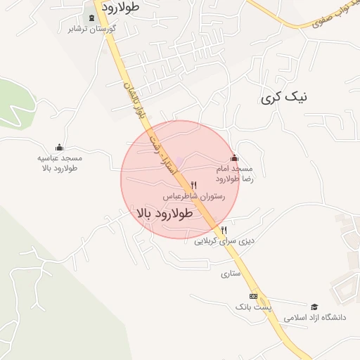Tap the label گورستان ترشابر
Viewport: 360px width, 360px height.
click(x=91, y=30)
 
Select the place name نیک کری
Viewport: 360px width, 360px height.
click(x=284, y=98)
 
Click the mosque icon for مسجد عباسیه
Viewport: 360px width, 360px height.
click(x=59, y=148)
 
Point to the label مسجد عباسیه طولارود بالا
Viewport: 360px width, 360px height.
click(x=59, y=163)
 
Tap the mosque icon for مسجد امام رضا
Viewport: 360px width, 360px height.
click(x=234, y=158)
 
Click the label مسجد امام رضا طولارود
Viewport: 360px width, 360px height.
click(x=236, y=174)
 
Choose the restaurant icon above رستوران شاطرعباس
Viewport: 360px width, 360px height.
click(x=193, y=186)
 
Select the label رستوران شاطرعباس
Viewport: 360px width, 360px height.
click(x=194, y=197)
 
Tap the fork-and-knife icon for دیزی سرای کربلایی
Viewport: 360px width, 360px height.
click(x=224, y=230)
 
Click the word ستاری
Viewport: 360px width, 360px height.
click(x=231, y=273)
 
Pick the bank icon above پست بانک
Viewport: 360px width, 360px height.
click(x=253, y=296)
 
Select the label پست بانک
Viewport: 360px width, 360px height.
click(x=252, y=307)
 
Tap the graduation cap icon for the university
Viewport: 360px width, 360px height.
click(x=314, y=307)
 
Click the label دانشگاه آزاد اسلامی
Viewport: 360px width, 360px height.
click(x=315, y=319)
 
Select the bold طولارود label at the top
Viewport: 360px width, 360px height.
click(x=121, y=7)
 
